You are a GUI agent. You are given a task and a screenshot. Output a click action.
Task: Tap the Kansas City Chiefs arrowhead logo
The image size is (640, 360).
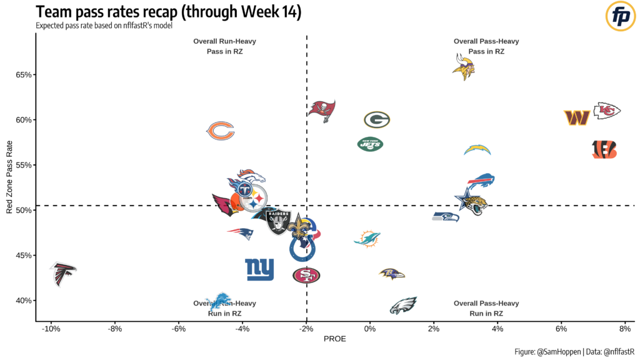(607, 111)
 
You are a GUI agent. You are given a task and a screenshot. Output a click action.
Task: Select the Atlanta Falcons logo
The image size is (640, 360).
(63, 273)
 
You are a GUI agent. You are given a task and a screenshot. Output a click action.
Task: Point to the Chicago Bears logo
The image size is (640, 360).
(221, 131)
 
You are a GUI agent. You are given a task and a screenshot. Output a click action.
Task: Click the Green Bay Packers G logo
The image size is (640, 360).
(377, 119)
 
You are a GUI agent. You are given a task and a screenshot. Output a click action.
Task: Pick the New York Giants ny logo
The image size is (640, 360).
(259, 269)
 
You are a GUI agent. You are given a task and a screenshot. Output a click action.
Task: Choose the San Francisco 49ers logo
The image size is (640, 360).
(306, 275)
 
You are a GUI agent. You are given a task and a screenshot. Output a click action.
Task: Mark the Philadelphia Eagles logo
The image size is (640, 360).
(403, 306)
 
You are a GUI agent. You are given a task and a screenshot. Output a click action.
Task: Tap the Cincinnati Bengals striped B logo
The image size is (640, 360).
(604, 149)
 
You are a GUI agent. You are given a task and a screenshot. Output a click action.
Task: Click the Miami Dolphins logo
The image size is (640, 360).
(367, 239)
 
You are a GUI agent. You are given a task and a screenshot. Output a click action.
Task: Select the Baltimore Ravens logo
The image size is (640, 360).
(392, 274)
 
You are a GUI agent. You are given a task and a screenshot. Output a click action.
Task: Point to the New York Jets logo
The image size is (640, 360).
(369, 144)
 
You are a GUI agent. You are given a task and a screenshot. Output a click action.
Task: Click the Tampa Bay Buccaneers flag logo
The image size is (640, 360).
(324, 109)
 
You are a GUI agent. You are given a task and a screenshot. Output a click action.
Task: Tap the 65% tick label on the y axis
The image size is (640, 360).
(24, 75)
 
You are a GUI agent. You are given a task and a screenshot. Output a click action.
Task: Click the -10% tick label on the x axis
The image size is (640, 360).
(50, 329)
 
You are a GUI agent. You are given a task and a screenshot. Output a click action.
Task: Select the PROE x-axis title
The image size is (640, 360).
(334, 339)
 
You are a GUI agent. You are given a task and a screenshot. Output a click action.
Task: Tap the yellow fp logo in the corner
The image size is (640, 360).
(619, 16)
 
